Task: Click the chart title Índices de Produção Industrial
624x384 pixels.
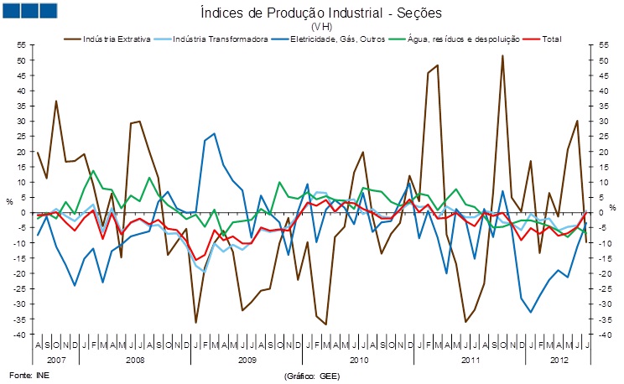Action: [x=320, y=13]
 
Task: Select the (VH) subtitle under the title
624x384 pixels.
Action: [x=320, y=26]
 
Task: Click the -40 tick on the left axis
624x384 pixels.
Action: [x=21, y=335]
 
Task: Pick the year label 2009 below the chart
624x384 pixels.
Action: [x=247, y=359]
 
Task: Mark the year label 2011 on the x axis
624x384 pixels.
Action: [x=470, y=359]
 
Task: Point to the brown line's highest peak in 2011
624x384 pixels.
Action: [x=502, y=55]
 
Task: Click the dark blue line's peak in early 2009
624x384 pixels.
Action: [x=214, y=133]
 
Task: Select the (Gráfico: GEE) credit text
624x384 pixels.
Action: [x=312, y=376]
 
